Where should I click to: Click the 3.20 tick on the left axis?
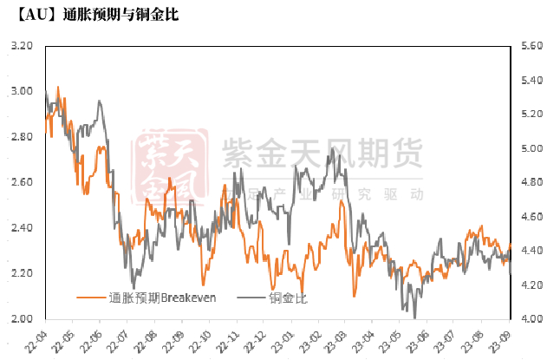coord(21,46)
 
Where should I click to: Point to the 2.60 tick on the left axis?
coord(21,182)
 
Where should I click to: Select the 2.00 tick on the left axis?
coord(21,318)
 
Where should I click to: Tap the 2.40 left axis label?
coord(21,228)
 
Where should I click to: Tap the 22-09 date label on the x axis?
coord(177,338)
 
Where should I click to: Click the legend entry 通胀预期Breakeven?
coord(161,298)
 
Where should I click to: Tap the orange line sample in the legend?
coord(91,298)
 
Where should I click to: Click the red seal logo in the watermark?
coord(172,165)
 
